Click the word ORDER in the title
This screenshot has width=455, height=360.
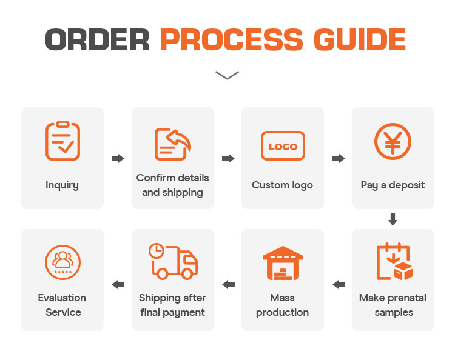97,40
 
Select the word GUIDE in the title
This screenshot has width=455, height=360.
360,40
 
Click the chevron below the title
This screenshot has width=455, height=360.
227,75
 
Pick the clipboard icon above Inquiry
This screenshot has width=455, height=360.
62,141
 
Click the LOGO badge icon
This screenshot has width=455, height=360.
283,146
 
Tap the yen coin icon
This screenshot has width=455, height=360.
393,141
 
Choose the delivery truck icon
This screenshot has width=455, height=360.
174,261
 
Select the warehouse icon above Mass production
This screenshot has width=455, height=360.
283,263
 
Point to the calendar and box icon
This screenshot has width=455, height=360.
394,261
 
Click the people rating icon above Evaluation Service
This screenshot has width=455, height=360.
62,262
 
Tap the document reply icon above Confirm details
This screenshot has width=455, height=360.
173,144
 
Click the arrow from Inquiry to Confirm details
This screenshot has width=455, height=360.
118,159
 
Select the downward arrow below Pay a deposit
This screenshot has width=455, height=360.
393,219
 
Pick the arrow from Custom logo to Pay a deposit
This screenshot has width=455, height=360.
339,159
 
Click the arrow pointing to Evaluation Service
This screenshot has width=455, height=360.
118,285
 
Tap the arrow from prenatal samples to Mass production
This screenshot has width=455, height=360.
339,285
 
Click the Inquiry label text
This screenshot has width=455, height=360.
62,185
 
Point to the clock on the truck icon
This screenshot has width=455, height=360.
157,251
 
